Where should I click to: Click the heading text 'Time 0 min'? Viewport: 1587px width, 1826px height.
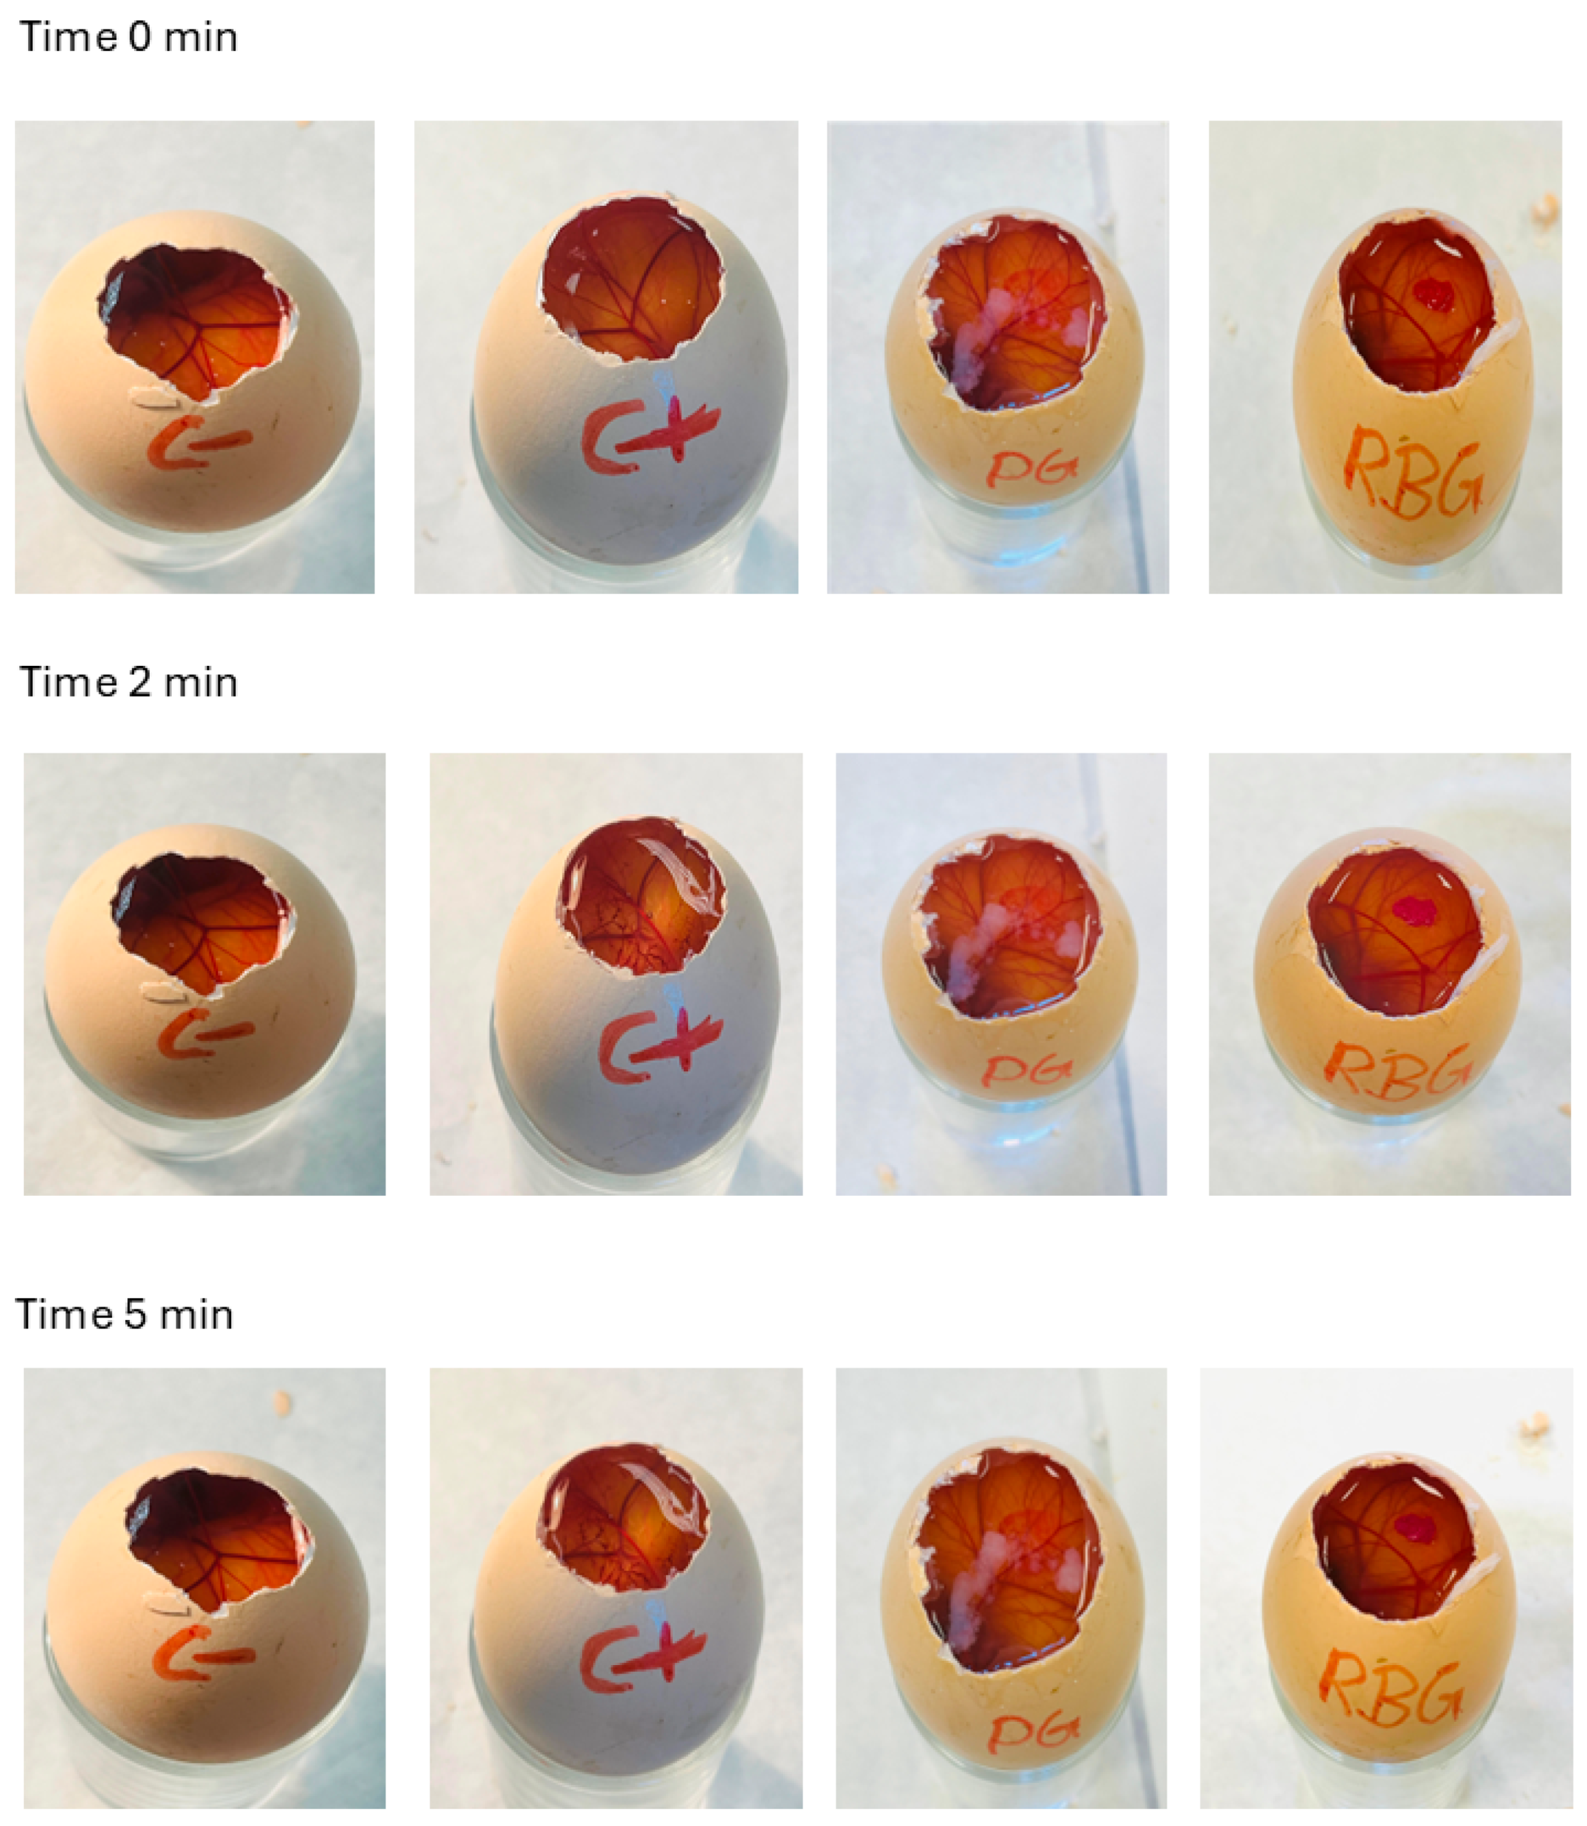[x=128, y=37]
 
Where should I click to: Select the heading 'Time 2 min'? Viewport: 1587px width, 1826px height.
[x=128, y=683]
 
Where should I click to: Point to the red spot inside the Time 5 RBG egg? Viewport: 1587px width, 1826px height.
[x=1417, y=1526]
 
